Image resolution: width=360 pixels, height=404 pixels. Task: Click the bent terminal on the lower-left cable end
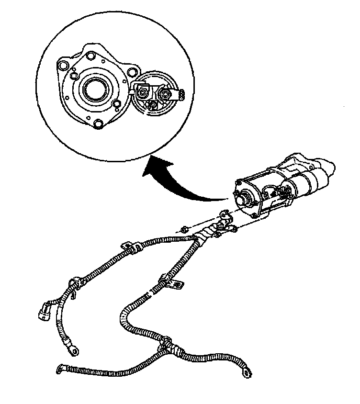(60, 368)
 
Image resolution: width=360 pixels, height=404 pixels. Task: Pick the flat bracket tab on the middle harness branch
(178, 285)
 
